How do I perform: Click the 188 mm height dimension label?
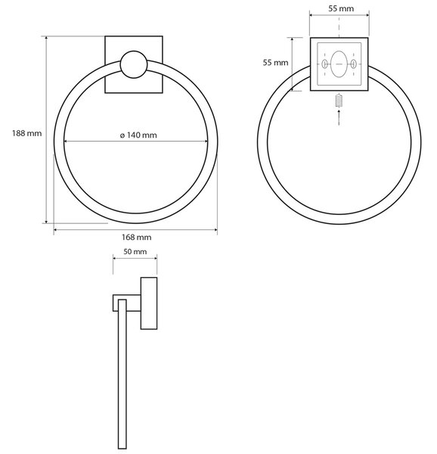tap(27, 133)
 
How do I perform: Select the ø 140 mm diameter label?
tap(138, 135)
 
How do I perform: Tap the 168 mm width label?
tap(136, 238)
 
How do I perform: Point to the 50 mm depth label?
tap(135, 252)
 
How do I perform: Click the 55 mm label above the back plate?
tap(341, 8)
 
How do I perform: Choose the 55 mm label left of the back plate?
tap(276, 63)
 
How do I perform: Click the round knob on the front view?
tap(134, 64)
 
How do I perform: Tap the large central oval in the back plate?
tap(339, 64)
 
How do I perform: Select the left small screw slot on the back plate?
tap(325, 64)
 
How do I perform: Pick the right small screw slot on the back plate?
tap(353, 64)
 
